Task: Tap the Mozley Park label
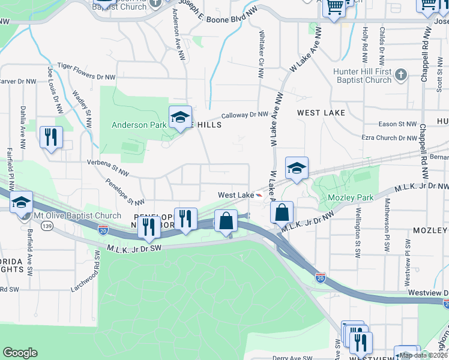(x=351, y=197)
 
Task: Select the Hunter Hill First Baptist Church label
(x=362, y=76)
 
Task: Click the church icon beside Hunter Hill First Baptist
(x=401, y=74)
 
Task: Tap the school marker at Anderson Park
(x=179, y=118)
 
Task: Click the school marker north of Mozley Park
(x=297, y=170)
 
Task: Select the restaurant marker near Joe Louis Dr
(x=51, y=137)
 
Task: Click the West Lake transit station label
(x=236, y=195)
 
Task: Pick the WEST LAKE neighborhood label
(x=321, y=113)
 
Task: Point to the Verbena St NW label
(x=108, y=167)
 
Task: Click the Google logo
(x=20, y=353)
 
